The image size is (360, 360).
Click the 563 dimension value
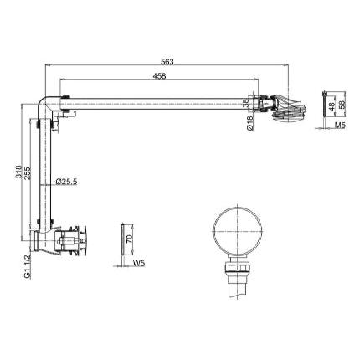coord(167,62)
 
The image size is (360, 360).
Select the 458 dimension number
coord(159,75)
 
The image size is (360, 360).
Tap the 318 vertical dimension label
coord(18,172)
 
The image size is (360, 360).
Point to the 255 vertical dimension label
coord(28,173)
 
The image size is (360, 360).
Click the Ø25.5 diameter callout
coord(66,182)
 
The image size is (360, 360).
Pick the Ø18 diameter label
coord(250,123)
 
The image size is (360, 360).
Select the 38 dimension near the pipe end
coord(245,103)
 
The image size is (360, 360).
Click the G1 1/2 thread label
coord(28,266)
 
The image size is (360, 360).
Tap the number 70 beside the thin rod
coord(130,239)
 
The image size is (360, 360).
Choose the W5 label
coord(139,263)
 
